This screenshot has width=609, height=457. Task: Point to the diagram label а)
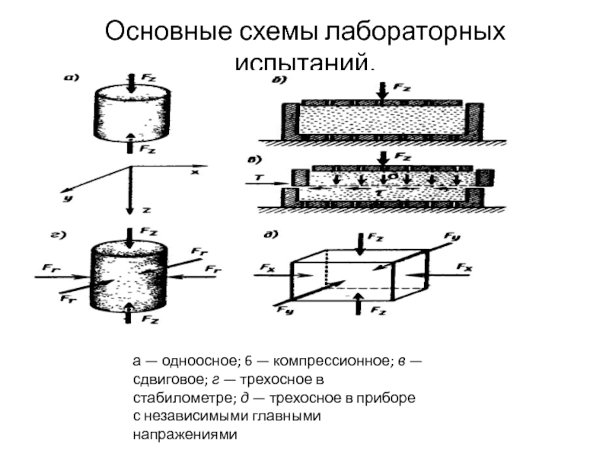pyautogui.click(x=73, y=77)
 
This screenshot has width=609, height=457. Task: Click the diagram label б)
pyautogui.click(x=276, y=81)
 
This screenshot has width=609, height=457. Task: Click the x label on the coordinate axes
pyautogui.click(x=194, y=173)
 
